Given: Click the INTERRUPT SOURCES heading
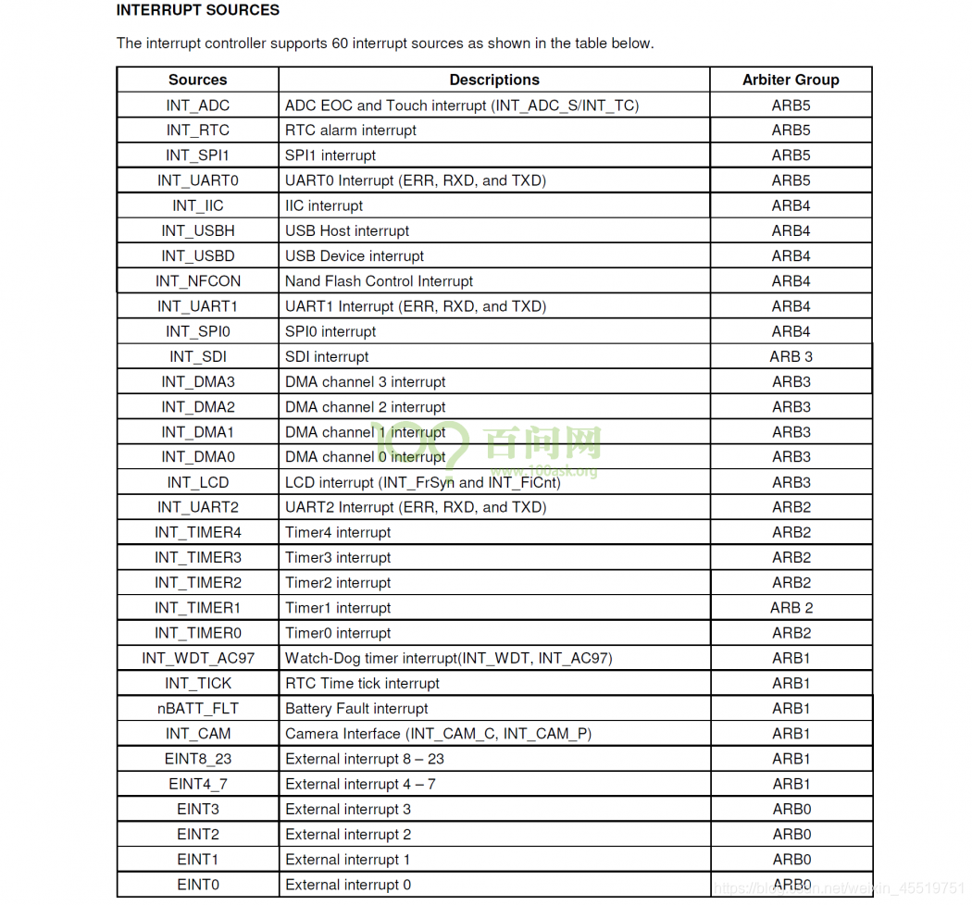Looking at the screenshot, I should pos(197,10).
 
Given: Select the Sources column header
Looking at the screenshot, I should pos(197,80).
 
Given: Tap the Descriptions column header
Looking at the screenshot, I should pos(494,80).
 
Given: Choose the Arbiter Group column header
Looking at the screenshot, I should pos(791,80).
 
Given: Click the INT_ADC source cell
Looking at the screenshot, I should pos(197,105).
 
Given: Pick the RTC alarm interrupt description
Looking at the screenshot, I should pos(351,130).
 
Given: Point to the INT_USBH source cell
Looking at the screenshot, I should pos(197,231).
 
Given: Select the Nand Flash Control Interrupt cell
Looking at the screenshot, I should pos(379,281).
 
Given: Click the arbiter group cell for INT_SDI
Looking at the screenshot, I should pos(791,357).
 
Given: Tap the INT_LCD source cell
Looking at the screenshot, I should pos(197,483).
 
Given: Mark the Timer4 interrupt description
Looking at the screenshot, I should pos(338,533).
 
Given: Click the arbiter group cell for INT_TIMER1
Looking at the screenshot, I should pos(791,608).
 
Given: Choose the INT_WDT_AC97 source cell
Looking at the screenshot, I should pos(197,659).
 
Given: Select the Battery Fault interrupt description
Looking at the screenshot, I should pos(356,709).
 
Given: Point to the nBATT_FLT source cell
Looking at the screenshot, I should pos(197,709).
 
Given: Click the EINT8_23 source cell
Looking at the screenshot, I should pos(197,759).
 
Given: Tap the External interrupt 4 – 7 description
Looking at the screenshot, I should pos(360,785).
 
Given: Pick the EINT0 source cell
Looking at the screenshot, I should pos(197,885).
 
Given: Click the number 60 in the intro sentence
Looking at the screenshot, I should pos(340,43).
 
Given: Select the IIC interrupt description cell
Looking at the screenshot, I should pos(324,206).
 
